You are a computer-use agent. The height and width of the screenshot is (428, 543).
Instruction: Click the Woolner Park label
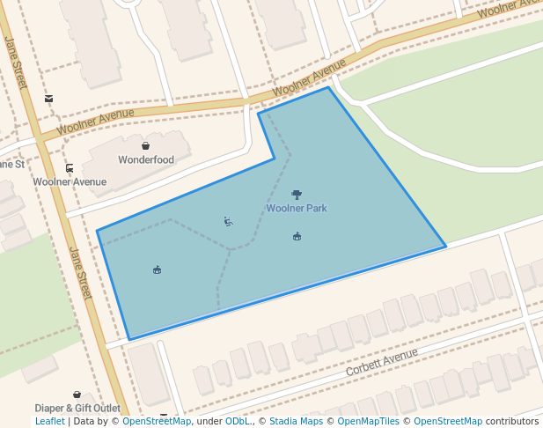(297, 209)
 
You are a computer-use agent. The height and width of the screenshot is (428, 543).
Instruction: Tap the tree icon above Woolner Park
(297, 194)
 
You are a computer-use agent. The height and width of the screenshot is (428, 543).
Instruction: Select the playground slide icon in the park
(228, 221)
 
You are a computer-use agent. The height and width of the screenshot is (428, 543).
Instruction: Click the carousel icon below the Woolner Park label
(297, 236)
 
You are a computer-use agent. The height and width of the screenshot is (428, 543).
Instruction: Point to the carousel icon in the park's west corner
(157, 269)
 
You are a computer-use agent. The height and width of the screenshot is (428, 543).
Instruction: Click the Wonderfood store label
(146, 160)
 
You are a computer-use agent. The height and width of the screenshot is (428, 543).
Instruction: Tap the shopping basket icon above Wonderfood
(145, 145)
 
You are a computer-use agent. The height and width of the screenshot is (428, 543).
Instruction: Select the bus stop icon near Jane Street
(70, 168)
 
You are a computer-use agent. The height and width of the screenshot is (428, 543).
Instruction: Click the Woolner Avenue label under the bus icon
(70, 182)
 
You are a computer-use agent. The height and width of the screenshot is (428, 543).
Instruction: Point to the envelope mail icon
(48, 99)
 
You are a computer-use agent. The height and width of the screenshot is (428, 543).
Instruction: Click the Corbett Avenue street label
(381, 361)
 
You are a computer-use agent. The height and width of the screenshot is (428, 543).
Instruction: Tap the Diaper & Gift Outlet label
(77, 409)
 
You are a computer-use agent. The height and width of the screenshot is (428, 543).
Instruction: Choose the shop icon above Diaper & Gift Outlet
(77, 395)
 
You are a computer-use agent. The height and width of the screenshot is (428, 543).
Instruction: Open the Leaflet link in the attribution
(49, 422)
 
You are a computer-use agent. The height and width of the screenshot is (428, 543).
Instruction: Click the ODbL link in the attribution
(237, 422)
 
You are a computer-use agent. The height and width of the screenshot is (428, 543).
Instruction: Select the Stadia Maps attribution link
(296, 422)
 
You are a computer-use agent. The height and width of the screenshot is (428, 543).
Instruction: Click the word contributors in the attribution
(511, 422)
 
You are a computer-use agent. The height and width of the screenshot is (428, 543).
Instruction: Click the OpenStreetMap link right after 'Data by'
(157, 422)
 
